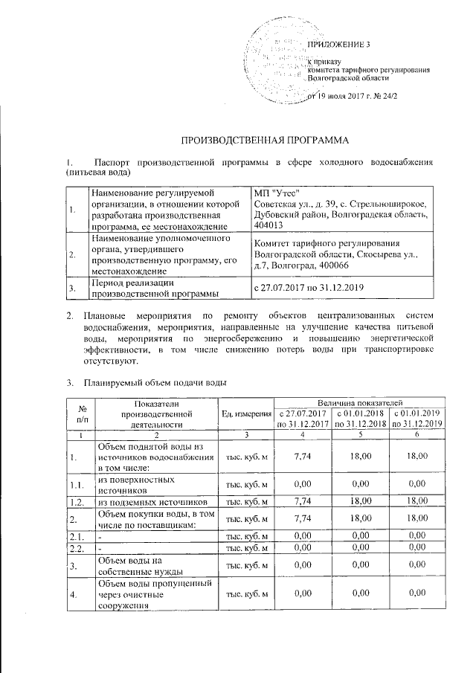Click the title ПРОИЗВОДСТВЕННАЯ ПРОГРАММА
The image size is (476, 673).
pos(245,140)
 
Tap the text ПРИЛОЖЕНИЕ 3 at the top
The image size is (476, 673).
pos(338,45)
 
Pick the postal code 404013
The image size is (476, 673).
pos(269,225)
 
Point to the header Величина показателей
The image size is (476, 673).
pos(359,402)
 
